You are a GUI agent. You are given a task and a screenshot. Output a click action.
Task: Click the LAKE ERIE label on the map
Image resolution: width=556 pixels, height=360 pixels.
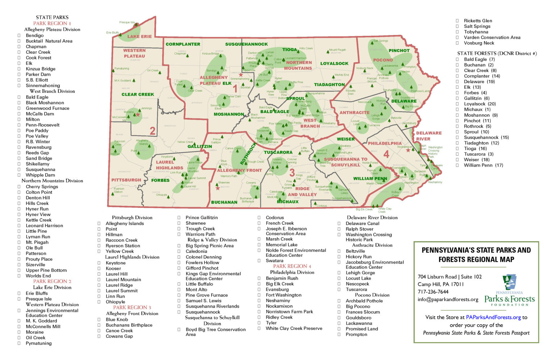pyautogui.click(x=139, y=37)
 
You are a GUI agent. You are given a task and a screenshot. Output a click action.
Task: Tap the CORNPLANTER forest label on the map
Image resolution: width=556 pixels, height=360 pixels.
pyautogui.click(x=183, y=44)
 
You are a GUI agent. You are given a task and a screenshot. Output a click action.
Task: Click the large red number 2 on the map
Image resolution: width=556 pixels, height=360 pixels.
pyautogui.click(x=152, y=131)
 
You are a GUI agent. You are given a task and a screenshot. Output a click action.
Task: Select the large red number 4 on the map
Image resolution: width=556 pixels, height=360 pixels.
pyautogui.click(x=386, y=154)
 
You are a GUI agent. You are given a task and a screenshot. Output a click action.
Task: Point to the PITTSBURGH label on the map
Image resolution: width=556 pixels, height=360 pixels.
pyautogui.click(x=126, y=180)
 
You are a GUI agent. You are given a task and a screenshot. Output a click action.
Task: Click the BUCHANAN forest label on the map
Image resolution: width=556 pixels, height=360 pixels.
pyautogui.click(x=224, y=202)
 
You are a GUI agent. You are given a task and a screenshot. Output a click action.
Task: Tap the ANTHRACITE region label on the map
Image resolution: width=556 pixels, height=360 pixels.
pyautogui.click(x=354, y=113)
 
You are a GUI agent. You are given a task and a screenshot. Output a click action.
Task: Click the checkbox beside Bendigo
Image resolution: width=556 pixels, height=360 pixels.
pyautogui.click(x=19, y=35)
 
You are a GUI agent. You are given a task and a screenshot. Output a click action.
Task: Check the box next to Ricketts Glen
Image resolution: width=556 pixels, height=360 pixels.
pyautogui.click(x=457, y=21)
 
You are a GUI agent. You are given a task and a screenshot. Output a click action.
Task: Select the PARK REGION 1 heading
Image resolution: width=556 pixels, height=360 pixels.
pyautogui.click(x=52, y=23)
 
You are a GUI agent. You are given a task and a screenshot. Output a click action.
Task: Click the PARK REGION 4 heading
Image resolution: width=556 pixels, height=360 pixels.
pyautogui.click(x=292, y=266)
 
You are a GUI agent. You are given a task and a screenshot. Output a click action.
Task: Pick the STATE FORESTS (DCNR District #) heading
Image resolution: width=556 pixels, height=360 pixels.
pyautogui.click(x=497, y=53)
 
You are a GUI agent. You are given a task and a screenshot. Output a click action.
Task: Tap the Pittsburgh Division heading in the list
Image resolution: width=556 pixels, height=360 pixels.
pyautogui.click(x=132, y=218)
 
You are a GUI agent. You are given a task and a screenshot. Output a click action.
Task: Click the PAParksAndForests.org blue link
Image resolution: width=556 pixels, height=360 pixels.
pyautogui.click(x=493, y=317)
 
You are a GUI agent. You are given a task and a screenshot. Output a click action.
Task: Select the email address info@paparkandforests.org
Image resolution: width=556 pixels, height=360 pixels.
pyautogui.click(x=448, y=300)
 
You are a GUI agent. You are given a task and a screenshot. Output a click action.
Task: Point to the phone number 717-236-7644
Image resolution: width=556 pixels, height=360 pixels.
pyautogui.click(x=433, y=292)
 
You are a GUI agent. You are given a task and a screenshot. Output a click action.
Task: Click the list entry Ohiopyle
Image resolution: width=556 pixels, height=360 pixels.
pyautogui.click(x=115, y=302)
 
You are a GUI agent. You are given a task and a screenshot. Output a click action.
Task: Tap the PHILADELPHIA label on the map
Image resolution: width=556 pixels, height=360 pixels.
pyautogui.click(x=385, y=143)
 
